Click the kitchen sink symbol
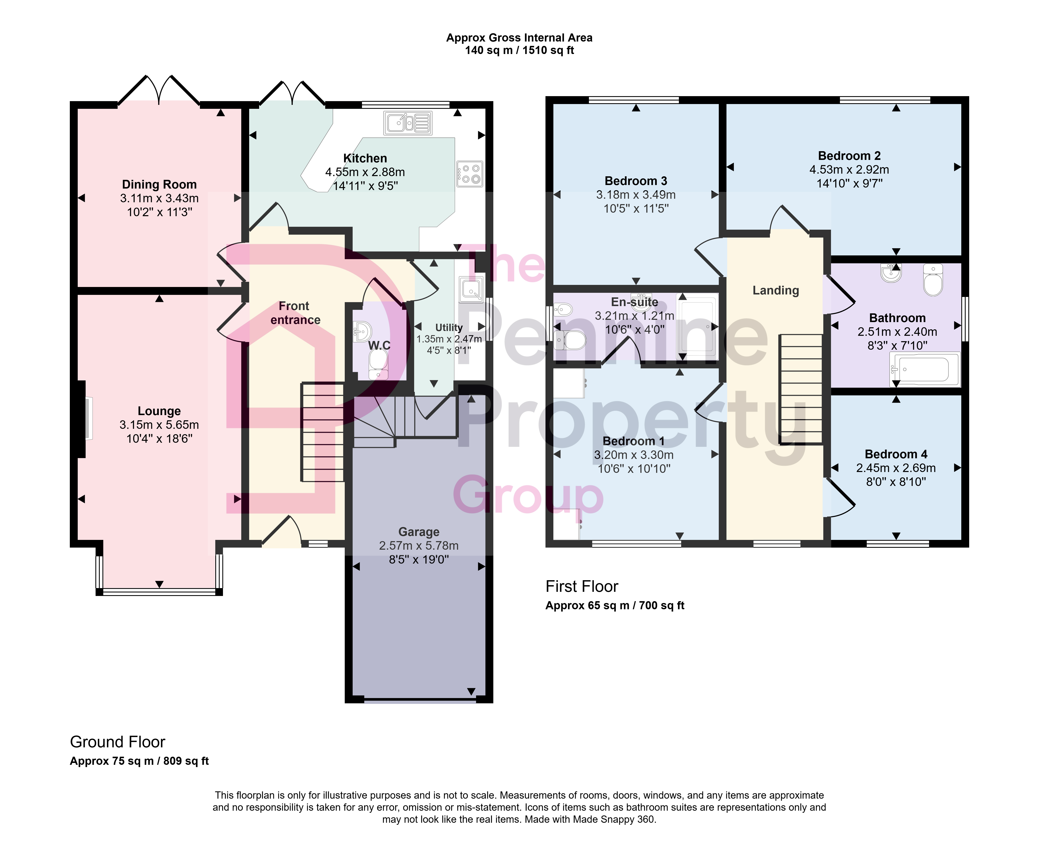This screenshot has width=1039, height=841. click(x=408, y=123)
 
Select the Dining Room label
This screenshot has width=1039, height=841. click(x=160, y=185)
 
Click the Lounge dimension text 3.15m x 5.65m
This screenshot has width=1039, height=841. click(x=160, y=425)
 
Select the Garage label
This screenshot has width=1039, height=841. click(x=419, y=532)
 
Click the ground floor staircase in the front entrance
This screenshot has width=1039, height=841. click(x=323, y=432)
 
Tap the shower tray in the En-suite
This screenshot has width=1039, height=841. click(x=697, y=326)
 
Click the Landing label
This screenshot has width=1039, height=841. click(x=776, y=291)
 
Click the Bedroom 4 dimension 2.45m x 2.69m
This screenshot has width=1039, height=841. click(x=896, y=468)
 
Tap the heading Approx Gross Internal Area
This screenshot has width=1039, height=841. click(x=519, y=38)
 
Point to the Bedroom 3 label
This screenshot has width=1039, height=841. click(x=636, y=181)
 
